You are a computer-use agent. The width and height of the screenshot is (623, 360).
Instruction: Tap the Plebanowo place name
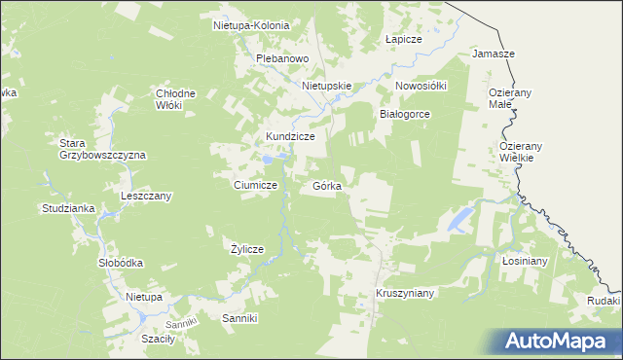click(281, 58)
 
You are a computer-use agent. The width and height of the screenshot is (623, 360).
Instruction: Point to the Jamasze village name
click(493, 54)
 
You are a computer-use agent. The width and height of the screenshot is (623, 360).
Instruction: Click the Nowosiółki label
click(421, 86)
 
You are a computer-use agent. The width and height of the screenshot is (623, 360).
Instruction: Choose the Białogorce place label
click(404, 114)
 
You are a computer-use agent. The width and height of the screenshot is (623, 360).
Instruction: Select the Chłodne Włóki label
click(176, 99)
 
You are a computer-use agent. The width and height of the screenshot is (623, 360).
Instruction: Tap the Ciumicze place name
click(256, 185)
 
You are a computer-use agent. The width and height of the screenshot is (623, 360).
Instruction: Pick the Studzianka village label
click(67, 208)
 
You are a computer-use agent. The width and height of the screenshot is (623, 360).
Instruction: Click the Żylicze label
click(246, 249)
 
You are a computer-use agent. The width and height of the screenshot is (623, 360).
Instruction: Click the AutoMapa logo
click(559, 340)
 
